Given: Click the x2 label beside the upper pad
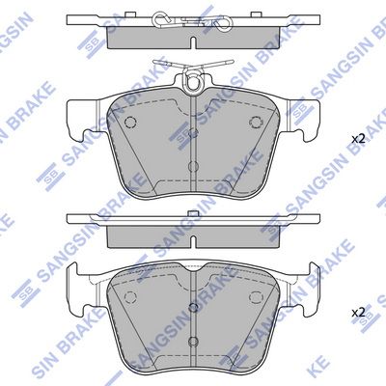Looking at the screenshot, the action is click(x=358, y=139).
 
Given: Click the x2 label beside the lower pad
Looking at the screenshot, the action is click(x=358, y=313).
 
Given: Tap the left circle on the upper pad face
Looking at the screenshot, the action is click(x=130, y=122).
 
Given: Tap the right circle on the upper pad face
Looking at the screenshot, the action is click(x=256, y=122).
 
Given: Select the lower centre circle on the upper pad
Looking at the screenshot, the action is click(x=193, y=166).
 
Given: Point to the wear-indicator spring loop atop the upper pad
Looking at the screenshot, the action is click(x=193, y=79).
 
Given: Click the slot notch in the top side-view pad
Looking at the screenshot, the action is click(x=193, y=42).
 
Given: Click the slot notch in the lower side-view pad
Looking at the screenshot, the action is click(x=193, y=242).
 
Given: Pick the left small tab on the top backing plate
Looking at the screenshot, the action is click(x=130, y=14).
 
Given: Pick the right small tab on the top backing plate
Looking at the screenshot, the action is click(x=256, y=14).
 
